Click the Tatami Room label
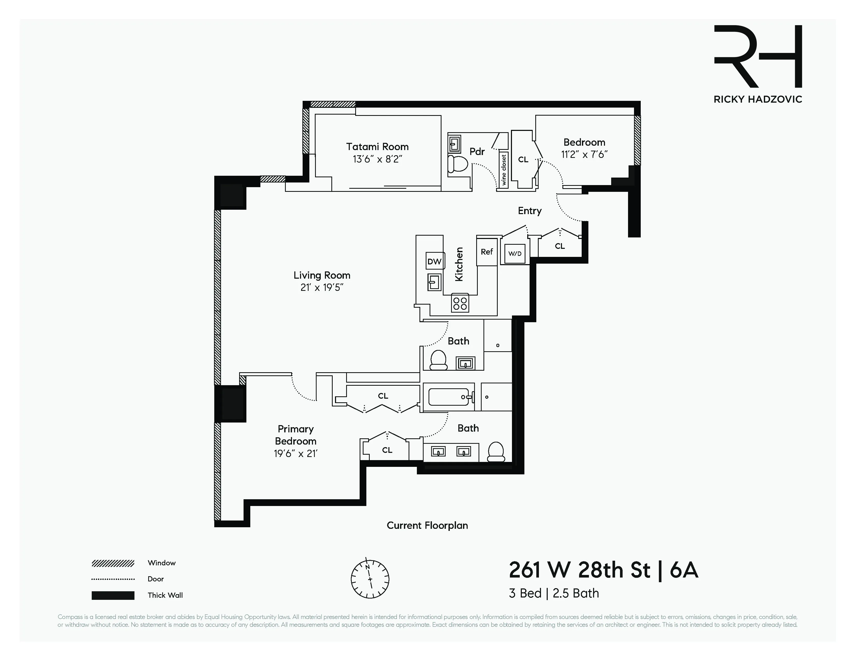click(377, 147)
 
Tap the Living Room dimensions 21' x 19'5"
click(322, 288)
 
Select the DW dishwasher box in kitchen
click(434, 262)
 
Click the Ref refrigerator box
click(487, 252)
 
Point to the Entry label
click(530, 211)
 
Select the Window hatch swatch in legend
click(113, 564)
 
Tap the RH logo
click(758, 57)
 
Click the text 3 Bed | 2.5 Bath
click(554, 593)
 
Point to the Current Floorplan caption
click(427, 525)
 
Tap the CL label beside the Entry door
click(560, 246)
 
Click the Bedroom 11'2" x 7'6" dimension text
click(584, 155)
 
